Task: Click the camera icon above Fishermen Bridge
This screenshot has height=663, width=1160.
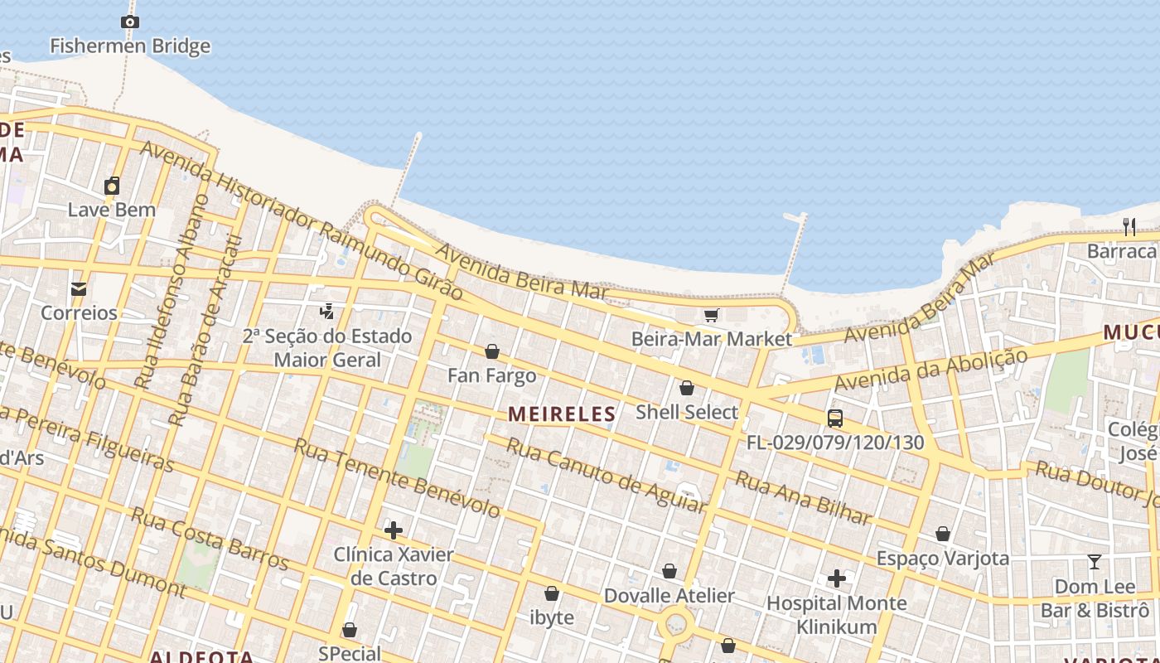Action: [x=129, y=22]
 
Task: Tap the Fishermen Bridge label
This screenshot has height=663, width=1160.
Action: [x=130, y=46]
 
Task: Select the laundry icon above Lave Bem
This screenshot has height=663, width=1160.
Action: [x=112, y=186]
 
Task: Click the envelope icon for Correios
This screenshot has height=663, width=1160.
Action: [x=79, y=289]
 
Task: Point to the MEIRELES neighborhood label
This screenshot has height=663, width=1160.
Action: [x=562, y=414]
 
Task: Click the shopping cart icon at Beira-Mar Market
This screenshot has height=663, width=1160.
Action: [x=711, y=315]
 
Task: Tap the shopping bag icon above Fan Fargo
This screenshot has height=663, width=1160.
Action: [x=492, y=351]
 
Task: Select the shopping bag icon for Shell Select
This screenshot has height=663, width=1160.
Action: [x=686, y=388]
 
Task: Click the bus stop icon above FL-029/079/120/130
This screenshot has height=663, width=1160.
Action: [x=835, y=419]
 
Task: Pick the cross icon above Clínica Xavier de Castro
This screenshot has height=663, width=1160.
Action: [x=394, y=530]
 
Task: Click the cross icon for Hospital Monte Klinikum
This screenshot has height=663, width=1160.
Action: [x=837, y=578]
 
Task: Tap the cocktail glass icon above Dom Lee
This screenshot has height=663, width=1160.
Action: [x=1095, y=563]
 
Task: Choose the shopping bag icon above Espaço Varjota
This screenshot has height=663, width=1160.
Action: [x=943, y=534]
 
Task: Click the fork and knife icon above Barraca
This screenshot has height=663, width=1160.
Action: [x=1129, y=226]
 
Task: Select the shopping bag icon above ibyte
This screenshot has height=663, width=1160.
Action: [x=552, y=593]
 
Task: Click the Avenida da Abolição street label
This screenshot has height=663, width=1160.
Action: [x=931, y=370]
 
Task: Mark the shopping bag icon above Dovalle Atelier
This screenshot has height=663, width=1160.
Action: [x=669, y=571]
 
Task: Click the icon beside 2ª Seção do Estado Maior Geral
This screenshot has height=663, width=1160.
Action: [x=327, y=312]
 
